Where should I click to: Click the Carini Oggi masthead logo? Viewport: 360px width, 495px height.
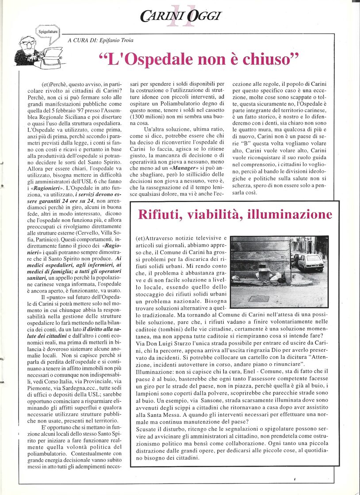click(x=180, y=16)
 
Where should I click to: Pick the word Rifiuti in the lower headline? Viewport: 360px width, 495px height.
click(x=160, y=215)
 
